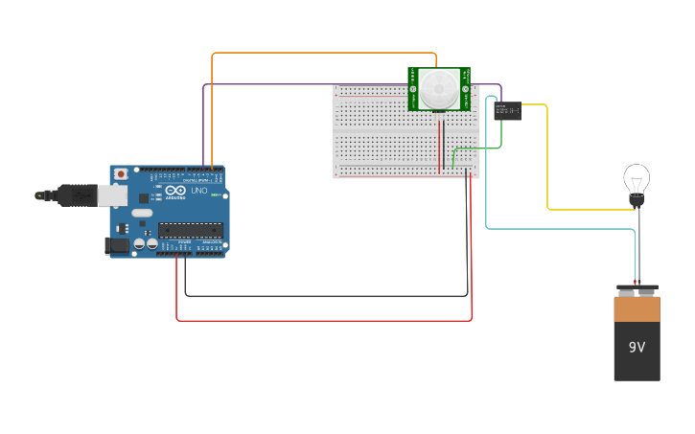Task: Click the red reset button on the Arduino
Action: tap(121, 173)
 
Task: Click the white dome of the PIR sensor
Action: tap(439, 89)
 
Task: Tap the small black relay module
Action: tap(508, 111)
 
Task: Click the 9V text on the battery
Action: tap(637, 347)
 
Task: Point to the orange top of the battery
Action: tap(637, 308)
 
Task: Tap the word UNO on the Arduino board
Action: tap(199, 191)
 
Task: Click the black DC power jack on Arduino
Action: tap(116, 246)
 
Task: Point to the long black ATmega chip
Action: tap(190, 229)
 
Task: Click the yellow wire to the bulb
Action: tap(547, 163)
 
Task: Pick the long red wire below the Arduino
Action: tap(326, 320)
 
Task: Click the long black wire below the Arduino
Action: tap(326, 296)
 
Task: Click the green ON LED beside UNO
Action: tap(217, 194)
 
